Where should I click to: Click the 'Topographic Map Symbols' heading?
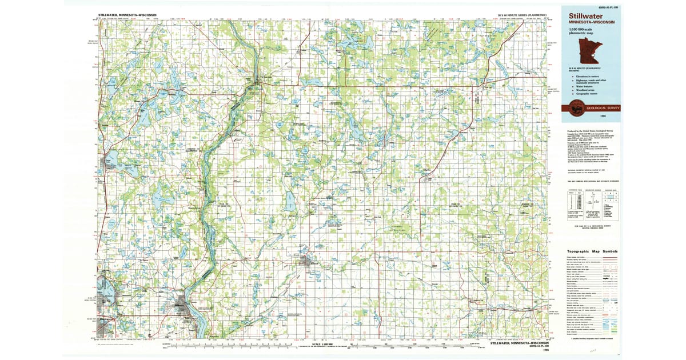[x=592, y=251]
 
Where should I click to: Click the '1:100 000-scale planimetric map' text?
[x=582, y=32]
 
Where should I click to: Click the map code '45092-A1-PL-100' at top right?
[x=606, y=7]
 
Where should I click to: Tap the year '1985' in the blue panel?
[x=603, y=116]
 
